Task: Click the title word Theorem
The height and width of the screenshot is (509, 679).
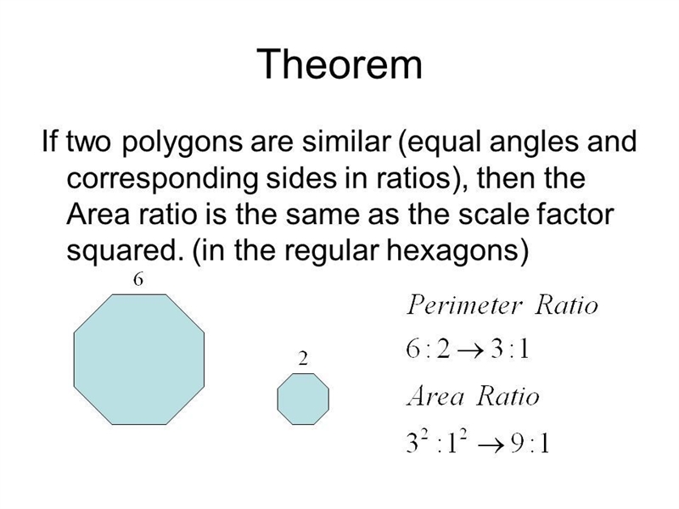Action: pos(339,64)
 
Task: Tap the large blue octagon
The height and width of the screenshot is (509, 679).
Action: pos(139,359)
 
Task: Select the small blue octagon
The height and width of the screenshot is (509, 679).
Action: pos(303,399)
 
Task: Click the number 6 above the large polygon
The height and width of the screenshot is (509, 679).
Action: pos(137,280)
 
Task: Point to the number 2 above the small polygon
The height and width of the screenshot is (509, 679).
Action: pos(303,358)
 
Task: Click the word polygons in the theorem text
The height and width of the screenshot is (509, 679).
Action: pos(182,143)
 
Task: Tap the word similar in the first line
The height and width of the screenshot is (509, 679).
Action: pos(346,141)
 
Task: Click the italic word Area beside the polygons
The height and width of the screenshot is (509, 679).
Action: pos(435,396)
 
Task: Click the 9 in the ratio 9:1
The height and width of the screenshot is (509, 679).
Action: pos(517,444)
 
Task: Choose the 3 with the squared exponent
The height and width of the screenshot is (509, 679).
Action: pos(412,444)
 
